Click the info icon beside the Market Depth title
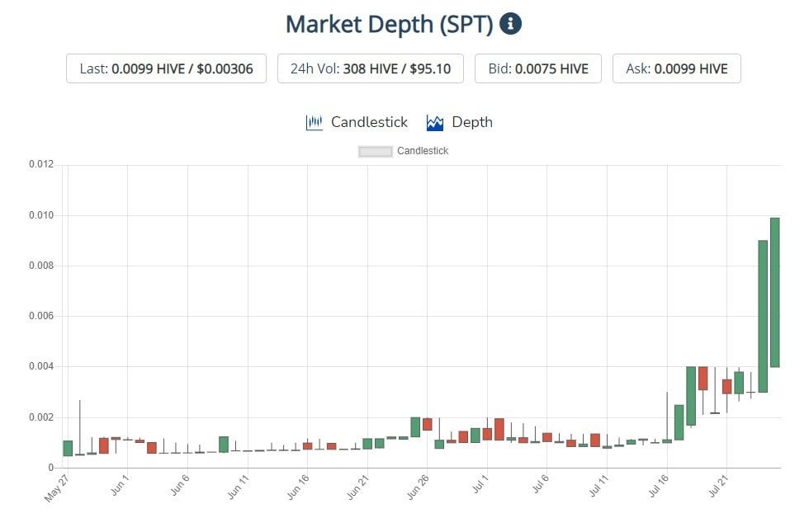(x=510, y=24)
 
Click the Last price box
(x=166, y=68)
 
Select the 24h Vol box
(x=371, y=68)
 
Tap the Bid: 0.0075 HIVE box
(x=538, y=68)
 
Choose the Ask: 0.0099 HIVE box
(x=676, y=68)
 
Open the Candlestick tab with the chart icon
(x=357, y=122)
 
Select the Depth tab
(x=459, y=122)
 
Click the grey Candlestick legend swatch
(x=375, y=152)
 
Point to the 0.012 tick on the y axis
(x=41, y=164)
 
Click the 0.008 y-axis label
(x=41, y=266)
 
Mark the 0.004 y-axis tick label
(x=41, y=366)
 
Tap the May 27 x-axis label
(x=57, y=488)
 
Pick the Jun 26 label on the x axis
(x=418, y=487)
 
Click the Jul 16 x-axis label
(x=659, y=486)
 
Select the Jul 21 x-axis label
(x=718, y=486)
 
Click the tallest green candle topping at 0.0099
(x=775, y=292)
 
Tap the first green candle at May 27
(x=68, y=449)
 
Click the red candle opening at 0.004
(x=703, y=379)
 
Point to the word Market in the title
(x=323, y=25)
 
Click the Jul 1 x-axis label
(x=480, y=485)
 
